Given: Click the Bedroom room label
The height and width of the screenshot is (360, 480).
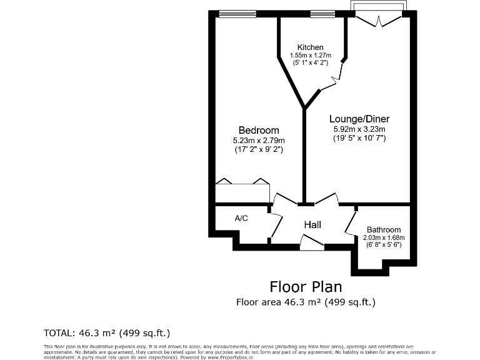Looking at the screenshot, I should [258, 130].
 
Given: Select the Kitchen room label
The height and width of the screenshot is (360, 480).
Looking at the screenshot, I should [310, 47].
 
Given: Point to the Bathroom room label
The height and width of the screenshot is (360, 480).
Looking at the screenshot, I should [384, 229].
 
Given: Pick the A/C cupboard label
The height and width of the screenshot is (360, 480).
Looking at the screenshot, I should [241, 218].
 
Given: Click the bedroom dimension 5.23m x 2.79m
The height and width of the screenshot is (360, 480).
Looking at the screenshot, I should [258, 140].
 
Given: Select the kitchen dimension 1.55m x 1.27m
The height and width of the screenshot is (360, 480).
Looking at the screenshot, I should [310, 56].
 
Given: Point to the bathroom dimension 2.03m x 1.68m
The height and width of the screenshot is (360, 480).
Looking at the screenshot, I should [384, 237].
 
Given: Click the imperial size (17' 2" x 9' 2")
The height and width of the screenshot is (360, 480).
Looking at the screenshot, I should [258, 149].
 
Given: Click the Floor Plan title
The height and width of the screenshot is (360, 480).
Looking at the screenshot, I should [306, 287].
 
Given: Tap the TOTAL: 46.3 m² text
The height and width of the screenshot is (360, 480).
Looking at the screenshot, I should [106, 332].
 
